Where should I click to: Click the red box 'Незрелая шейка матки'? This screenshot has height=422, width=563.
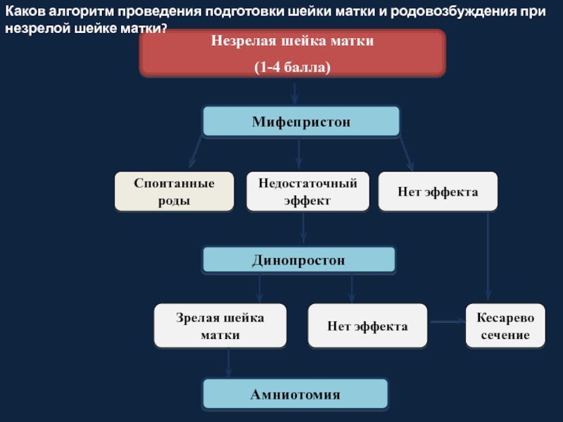[x=293, y=53]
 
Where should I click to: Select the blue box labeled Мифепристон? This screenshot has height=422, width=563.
[x=301, y=121]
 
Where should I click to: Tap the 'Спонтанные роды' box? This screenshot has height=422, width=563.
[x=174, y=191]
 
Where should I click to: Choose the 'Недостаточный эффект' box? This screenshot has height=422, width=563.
[x=308, y=191]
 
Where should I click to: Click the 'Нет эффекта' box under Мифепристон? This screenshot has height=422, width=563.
[x=438, y=191]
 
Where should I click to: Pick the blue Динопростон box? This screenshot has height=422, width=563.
[x=298, y=260]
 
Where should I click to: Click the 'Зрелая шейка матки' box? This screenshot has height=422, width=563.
[x=220, y=326]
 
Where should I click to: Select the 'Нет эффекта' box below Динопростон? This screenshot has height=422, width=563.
[x=367, y=326]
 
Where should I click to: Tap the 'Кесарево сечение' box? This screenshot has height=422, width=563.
[x=505, y=326]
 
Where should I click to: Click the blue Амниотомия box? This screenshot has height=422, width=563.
[x=295, y=394]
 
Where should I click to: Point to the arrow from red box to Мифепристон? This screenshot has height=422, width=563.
[x=294, y=94]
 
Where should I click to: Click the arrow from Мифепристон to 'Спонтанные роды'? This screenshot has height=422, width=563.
[x=196, y=152]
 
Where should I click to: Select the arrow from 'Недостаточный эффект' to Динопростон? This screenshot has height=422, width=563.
[x=303, y=227]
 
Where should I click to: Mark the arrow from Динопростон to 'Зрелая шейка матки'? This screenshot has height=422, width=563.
[x=259, y=288]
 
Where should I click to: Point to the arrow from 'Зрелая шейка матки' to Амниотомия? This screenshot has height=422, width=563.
[x=228, y=362]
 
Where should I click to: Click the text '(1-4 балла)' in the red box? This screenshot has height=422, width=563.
[x=292, y=67]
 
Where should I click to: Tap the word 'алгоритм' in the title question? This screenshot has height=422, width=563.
[x=81, y=11]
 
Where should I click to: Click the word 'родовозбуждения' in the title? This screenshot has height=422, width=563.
[x=453, y=11]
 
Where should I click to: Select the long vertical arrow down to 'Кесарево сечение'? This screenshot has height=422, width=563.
[x=488, y=256]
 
